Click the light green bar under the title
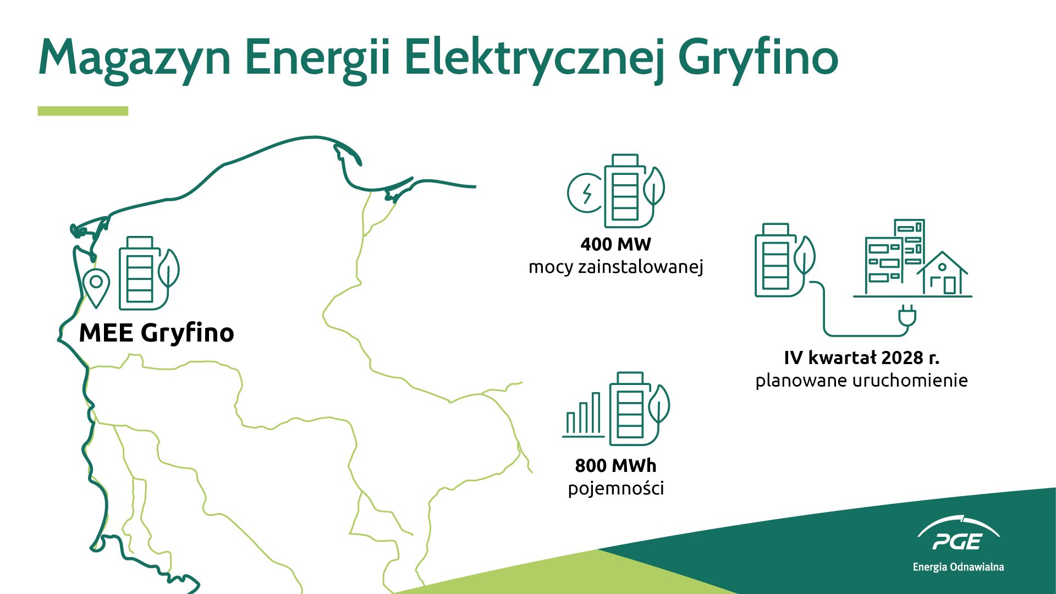[x=82, y=111]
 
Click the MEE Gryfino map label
[x=157, y=333]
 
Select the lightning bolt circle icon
[x=585, y=193]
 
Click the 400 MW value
[x=616, y=244]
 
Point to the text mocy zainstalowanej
[x=616, y=267]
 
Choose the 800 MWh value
[x=616, y=466]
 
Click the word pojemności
[x=616, y=488]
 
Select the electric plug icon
[x=906, y=316]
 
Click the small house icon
[x=942, y=273]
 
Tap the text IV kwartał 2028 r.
[x=862, y=358]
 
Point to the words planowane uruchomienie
[x=862, y=381]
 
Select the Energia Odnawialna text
[x=958, y=567]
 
